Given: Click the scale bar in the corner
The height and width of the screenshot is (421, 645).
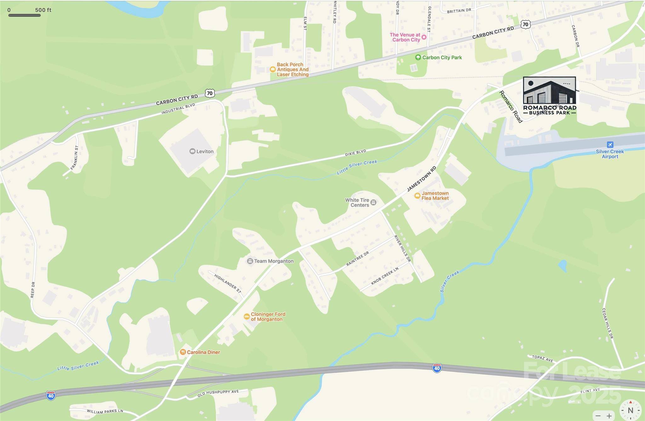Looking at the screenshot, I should pos(24,15).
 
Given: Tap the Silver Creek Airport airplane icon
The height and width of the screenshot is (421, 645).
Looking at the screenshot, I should pos(610,145).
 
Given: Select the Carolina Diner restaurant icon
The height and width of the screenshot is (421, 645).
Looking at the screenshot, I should pos(183,352).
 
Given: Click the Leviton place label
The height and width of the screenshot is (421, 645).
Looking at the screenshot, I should pos(205,151).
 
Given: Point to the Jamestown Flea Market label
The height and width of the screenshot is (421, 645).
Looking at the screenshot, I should pos(435,196).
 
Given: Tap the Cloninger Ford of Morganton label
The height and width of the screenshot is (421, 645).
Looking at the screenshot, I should pos(268,317).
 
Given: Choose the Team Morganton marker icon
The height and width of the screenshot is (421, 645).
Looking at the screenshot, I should pos(250,261).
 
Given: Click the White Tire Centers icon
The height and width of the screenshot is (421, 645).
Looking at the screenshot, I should pos(373,202).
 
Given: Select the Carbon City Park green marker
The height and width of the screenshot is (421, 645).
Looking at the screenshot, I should pos(418,57).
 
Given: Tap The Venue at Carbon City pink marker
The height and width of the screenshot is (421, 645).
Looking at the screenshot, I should pos(424,37).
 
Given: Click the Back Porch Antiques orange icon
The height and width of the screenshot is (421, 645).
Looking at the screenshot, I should pos(273,70).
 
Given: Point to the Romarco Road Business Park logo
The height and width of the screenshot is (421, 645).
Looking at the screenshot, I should pos(550,95).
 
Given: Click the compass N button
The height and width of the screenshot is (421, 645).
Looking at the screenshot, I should pos(630,410).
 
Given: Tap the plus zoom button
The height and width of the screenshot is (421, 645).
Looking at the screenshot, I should pos(609,416).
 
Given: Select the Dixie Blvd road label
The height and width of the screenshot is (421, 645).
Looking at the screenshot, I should pos(356,153).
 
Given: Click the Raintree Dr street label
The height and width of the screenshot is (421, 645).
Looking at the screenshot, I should pos(357,259).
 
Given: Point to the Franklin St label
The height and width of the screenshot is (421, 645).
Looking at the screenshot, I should pos(74,158).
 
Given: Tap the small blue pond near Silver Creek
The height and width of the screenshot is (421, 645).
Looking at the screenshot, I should pos(562,266).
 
